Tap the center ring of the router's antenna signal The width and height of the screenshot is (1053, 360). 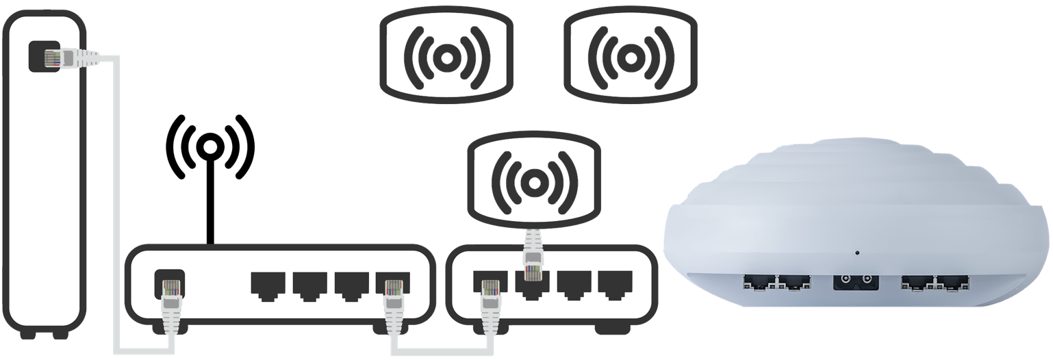pos(211,146)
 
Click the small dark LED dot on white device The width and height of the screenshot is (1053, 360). pos(857,253)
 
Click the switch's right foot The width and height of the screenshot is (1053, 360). pos(613,329)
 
